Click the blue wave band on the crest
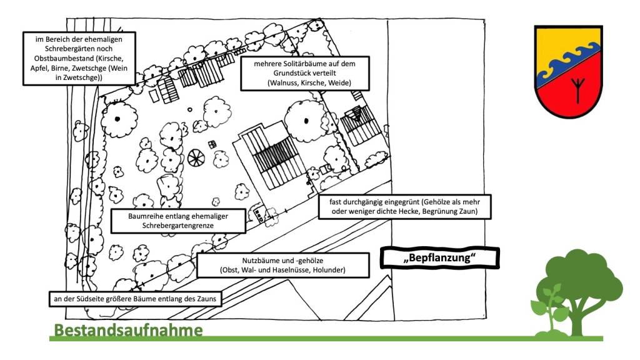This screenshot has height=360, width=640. pyautogui.click(x=566, y=61)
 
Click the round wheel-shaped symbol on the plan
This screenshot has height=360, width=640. pyautogui.click(x=196, y=159)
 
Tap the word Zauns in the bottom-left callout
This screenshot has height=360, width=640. pyautogui.click(x=207, y=299)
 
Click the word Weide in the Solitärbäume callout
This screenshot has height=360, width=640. pyautogui.click(x=340, y=83)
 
